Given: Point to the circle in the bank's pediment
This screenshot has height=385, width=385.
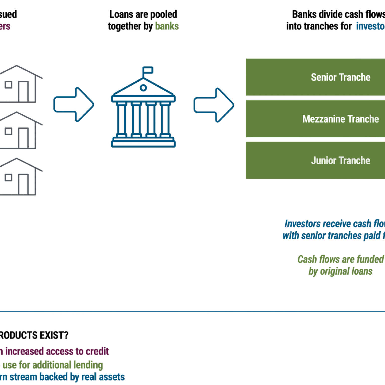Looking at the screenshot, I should [x=143, y=88].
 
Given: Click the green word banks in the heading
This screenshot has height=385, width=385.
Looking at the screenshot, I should [x=167, y=26].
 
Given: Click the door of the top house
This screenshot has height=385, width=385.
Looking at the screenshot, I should [x=24, y=91].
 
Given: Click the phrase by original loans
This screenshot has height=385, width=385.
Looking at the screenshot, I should [x=340, y=271].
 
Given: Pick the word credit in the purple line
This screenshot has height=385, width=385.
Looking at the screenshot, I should [x=97, y=351].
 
